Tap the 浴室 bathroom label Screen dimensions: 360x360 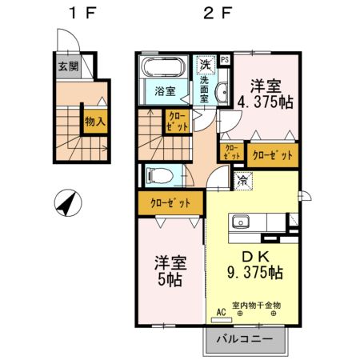(166, 91)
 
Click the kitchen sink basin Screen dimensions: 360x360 (242, 222)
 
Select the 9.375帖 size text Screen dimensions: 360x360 (253, 273)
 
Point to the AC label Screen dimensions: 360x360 (219, 313)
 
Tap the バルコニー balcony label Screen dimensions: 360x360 (246, 339)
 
